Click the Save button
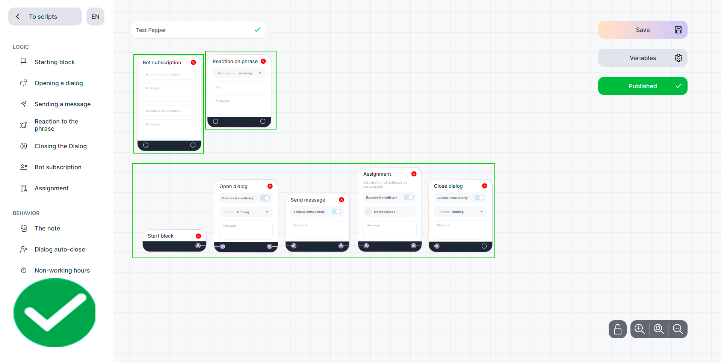coord(642,30)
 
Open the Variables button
coord(642,58)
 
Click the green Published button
coord(642,86)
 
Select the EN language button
coord(95,17)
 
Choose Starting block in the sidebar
coord(54,62)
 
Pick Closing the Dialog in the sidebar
coord(60,146)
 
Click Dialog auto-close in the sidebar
coord(60,249)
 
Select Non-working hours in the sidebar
coord(62,270)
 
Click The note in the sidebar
coord(47,228)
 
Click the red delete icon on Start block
coord(198,236)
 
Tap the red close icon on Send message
coord(342,200)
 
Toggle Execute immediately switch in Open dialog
coord(265,198)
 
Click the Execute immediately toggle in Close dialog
coord(479,197)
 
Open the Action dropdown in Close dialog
coord(460,212)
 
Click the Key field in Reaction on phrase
coord(239,87)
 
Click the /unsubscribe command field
coord(169,111)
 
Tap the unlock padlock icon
coord(617,329)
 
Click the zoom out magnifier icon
coord(678,329)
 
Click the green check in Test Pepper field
coord(257,30)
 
